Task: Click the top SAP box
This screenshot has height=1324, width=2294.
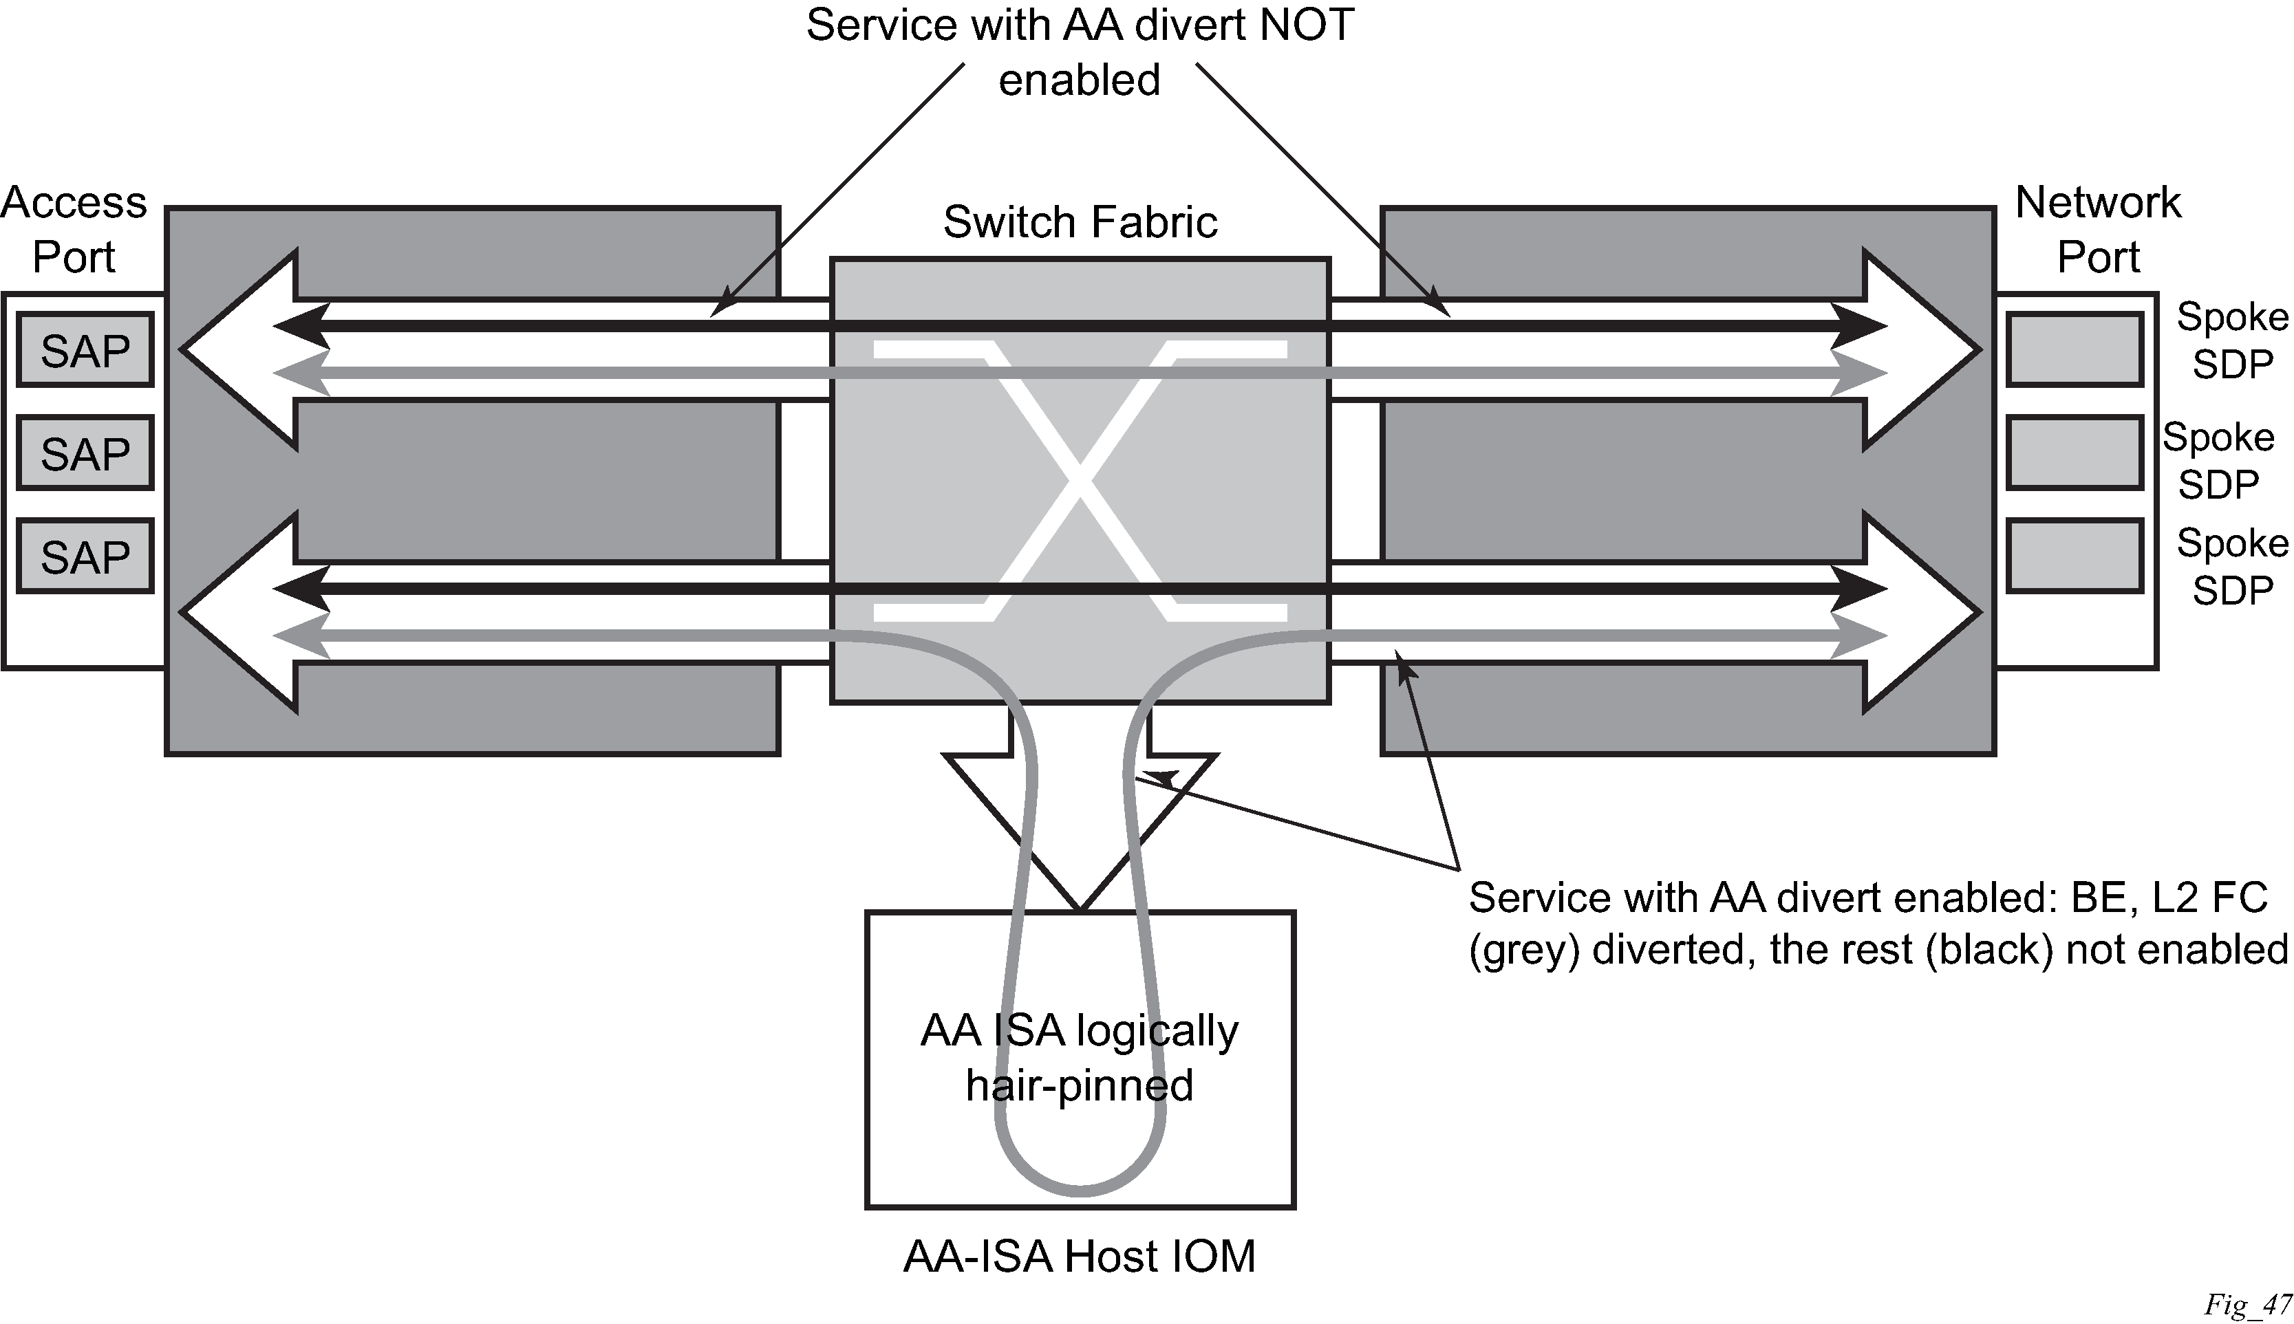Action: [x=85, y=350]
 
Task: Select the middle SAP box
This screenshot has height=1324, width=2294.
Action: [x=85, y=453]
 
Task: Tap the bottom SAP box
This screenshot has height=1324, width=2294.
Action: [x=85, y=556]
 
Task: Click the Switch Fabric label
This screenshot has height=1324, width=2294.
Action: [x=1080, y=222]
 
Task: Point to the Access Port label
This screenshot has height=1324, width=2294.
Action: [x=74, y=229]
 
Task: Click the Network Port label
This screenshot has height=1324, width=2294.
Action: [x=2097, y=229]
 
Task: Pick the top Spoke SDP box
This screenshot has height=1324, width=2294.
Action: [x=2074, y=350]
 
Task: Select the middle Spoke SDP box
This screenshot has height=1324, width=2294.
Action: [x=2074, y=453]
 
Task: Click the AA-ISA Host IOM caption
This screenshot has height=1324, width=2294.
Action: [x=1080, y=1257]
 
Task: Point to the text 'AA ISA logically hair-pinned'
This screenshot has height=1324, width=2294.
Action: [x=1080, y=1059]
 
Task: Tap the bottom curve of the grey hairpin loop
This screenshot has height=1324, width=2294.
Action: [x=1080, y=1189]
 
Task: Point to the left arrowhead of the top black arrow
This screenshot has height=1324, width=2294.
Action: [x=296, y=325]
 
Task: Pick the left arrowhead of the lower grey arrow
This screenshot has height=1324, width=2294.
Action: [x=296, y=634]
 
